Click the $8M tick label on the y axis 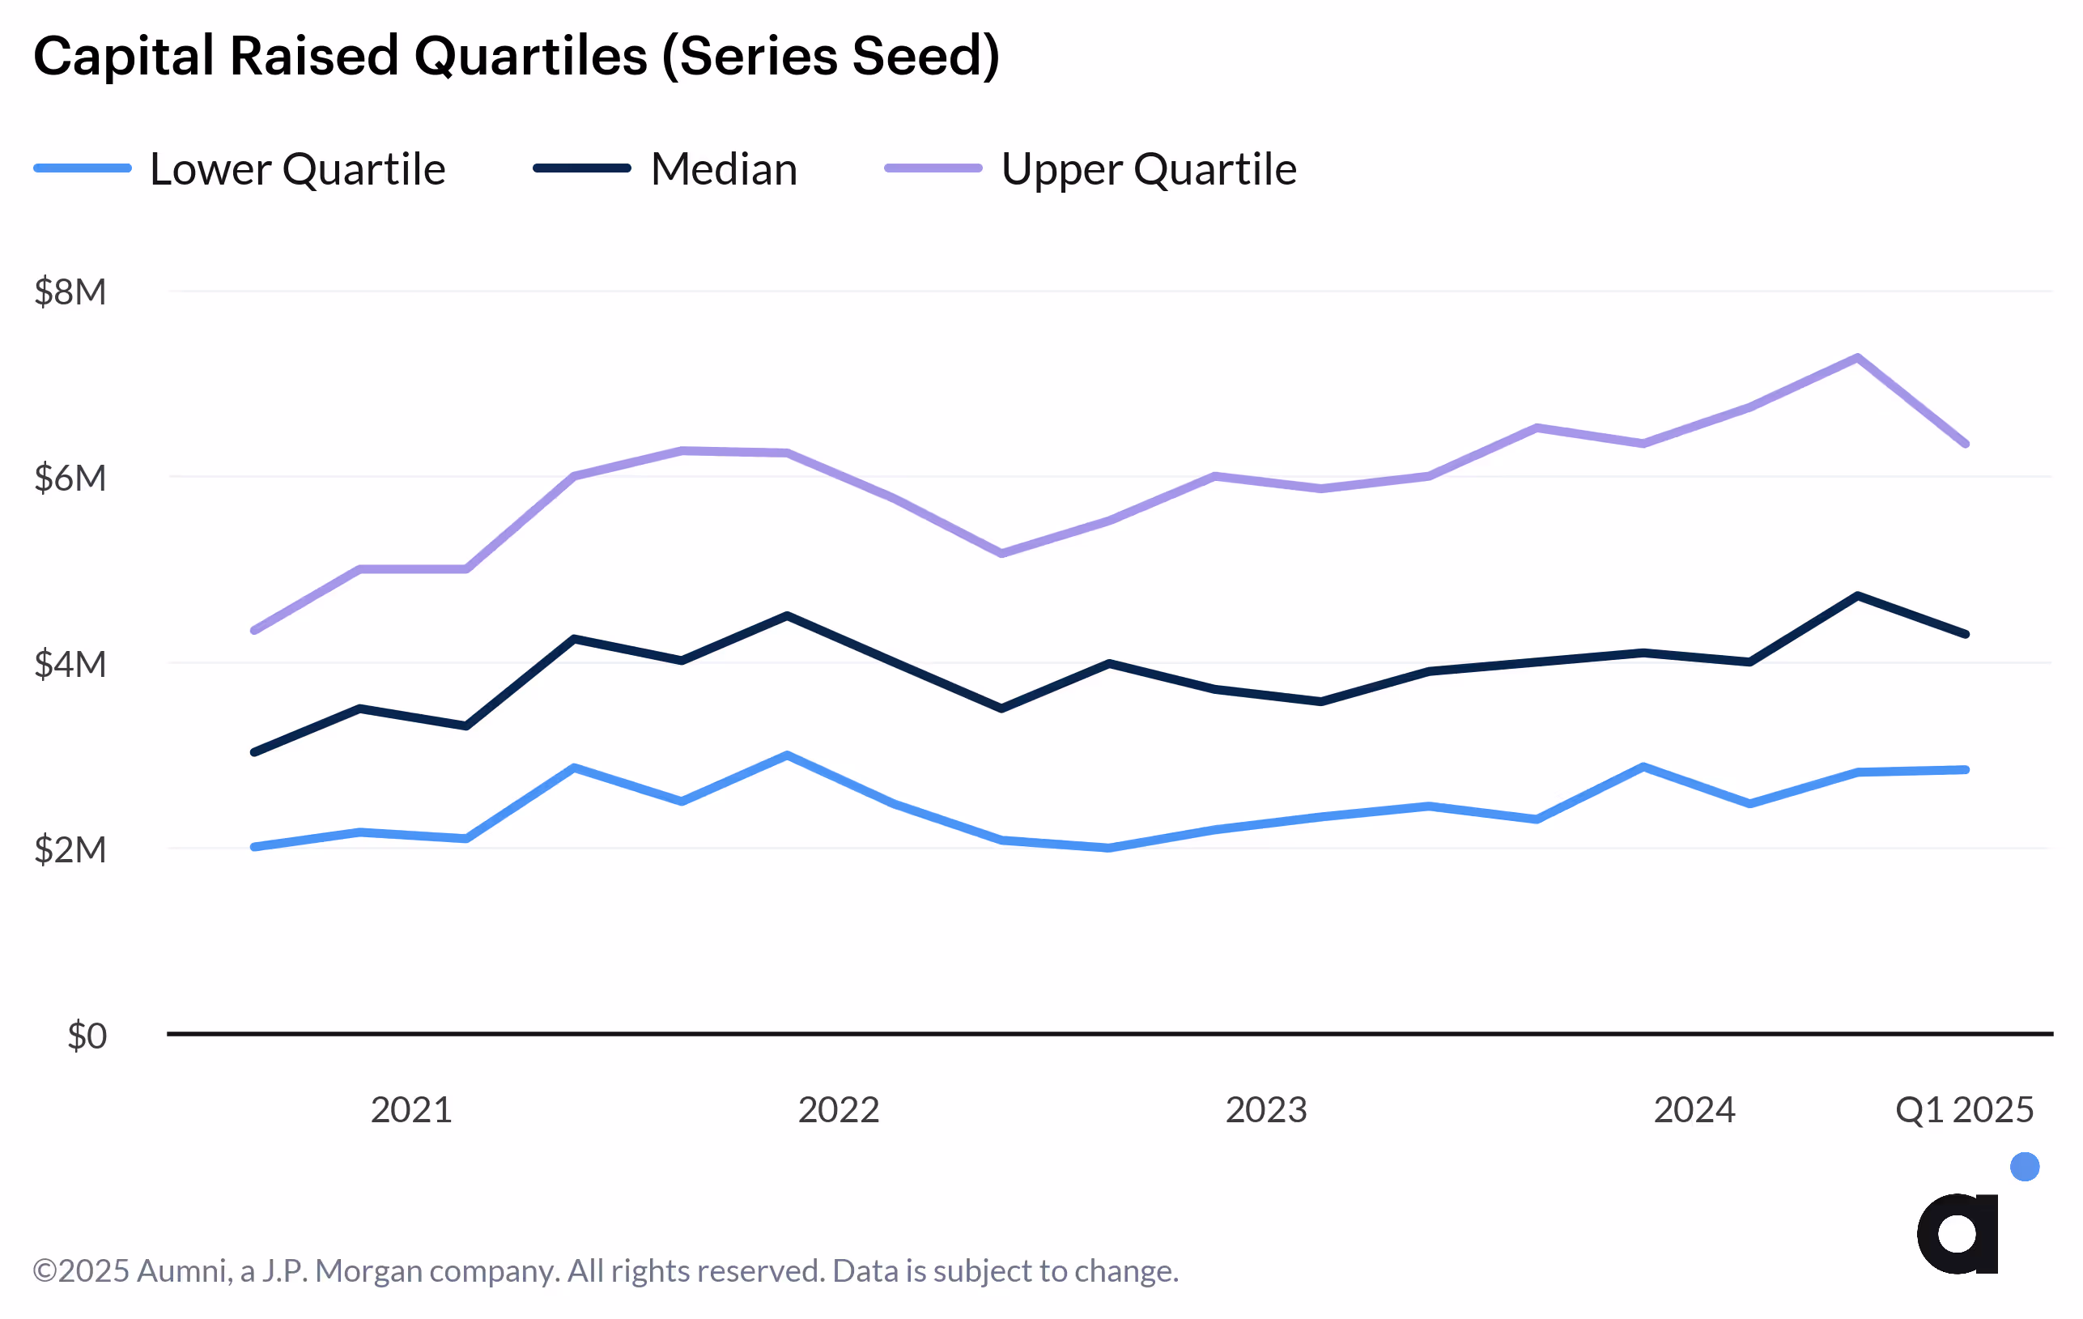click(70, 292)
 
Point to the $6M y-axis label click(70, 479)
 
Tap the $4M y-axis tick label click(70, 664)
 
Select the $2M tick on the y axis click(70, 850)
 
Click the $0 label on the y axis click(87, 1036)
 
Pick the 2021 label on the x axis click(411, 1109)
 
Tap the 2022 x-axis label click(838, 1109)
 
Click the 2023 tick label click(1265, 1109)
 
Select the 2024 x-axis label click(1694, 1109)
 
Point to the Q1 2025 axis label click(1964, 1109)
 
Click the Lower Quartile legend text click(298, 168)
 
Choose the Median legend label click(723, 168)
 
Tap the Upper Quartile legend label click(1148, 168)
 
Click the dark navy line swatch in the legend click(581, 168)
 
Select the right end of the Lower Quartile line click(1966, 770)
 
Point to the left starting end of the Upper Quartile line click(253, 631)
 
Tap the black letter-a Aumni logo click(1958, 1233)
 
